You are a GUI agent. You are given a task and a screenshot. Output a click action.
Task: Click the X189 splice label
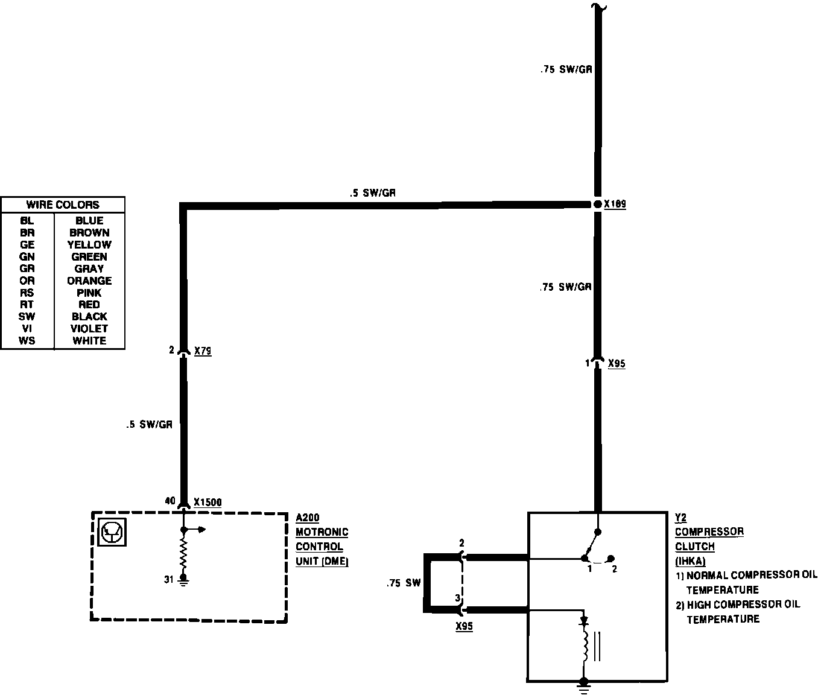click(x=615, y=205)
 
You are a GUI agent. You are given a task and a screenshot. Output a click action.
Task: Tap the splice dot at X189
click(x=598, y=205)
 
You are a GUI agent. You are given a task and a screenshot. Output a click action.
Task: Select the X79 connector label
click(x=203, y=351)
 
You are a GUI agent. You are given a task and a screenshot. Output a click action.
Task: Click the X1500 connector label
click(x=208, y=502)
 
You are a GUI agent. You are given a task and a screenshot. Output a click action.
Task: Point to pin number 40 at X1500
click(x=170, y=501)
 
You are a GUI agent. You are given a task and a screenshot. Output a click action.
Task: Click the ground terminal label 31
click(x=168, y=580)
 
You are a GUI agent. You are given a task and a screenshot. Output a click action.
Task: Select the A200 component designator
click(x=308, y=518)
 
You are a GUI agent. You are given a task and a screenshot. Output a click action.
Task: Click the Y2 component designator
click(x=680, y=518)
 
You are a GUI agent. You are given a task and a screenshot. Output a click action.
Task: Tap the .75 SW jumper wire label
click(x=404, y=583)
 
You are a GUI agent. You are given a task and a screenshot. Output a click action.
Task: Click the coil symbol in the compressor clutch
click(x=584, y=646)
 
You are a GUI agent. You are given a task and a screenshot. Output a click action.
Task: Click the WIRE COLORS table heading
click(x=63, y=205)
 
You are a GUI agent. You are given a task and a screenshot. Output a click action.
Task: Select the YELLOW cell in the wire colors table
click(x=89, y=244)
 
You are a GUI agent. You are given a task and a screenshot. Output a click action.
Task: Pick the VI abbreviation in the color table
click(x=27, y=328)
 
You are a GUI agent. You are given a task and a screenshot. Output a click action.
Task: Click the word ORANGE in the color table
click(x=89, y=281)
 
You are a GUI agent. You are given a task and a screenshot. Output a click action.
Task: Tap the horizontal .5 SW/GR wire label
click(x=372, y=193)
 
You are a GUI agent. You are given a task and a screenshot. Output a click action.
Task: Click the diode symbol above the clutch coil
click(x=583, y=620)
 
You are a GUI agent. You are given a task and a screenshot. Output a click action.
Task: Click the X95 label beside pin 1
click(x=617, y=364)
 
